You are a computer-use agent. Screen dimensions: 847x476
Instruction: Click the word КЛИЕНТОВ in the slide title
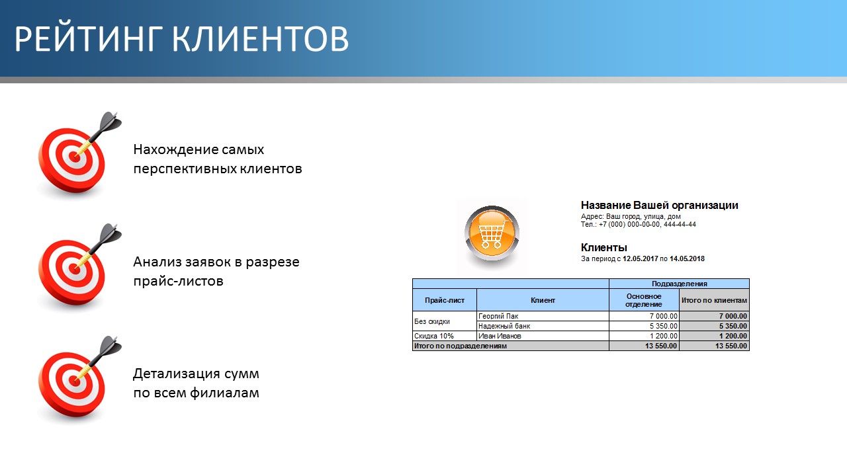click(x=260, y=38)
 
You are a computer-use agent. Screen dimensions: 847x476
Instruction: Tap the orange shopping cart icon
click(x=492, y=234)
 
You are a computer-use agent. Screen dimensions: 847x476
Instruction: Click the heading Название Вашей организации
click(x=660, y=206)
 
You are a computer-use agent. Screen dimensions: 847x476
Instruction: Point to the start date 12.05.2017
click(x=641, y=258)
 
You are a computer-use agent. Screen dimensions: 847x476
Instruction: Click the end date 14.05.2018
click(x=687, y=258)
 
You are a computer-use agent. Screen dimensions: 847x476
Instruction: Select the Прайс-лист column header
click(x=445, y=300)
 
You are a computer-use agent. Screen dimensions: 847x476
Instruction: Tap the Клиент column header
click(x=543, y=300)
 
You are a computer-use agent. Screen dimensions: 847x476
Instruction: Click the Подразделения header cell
click(x=679, y=284)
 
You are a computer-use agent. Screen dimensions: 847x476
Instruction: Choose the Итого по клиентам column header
click(x=714, y=300)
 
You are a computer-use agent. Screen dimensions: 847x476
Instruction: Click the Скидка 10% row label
click(x=433, y=336)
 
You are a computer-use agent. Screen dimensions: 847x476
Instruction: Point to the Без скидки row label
click(x=432, y=321)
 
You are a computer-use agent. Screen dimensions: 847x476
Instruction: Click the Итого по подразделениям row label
click(x=460, y=346)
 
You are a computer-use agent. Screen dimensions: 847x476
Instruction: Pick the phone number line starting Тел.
click(x=639, y=224)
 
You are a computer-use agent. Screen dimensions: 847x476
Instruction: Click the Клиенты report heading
click(x=604, y=248)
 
